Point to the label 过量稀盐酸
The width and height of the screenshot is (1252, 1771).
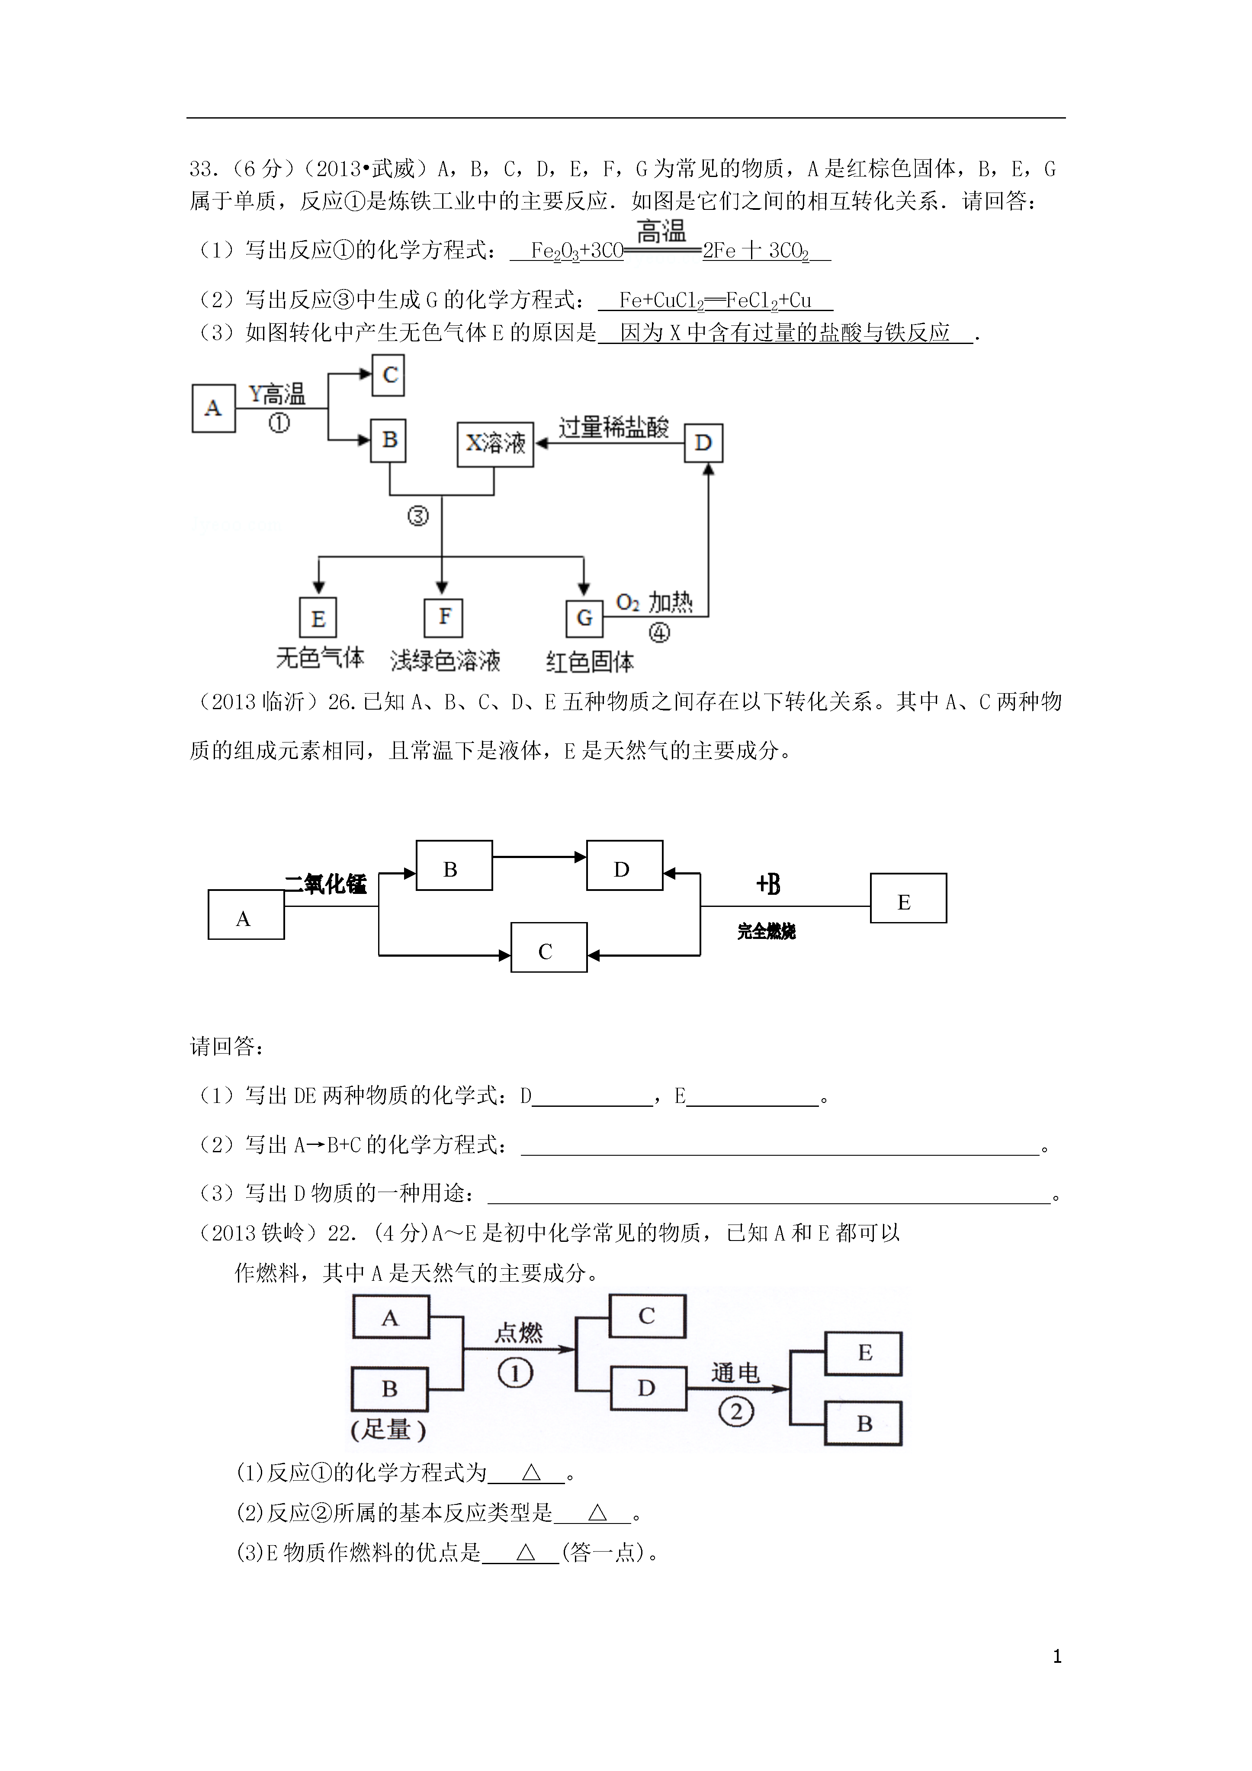(x=613, y=427)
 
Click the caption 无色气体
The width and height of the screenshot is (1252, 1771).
(x=320, y=658)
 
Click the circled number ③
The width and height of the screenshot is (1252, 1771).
(x=418, y=516)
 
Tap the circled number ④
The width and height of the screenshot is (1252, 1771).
(x=659, y=633)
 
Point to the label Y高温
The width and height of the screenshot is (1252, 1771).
(x=277, y=395)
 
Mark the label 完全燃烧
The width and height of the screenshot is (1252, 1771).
(x=766, y=932)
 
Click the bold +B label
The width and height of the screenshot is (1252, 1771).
(x=768, y=884)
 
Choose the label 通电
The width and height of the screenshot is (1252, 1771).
(x=735, y=1372)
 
